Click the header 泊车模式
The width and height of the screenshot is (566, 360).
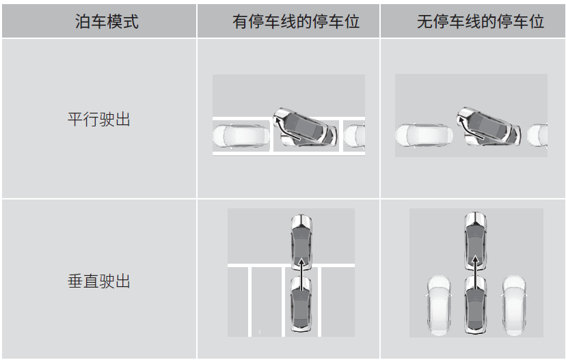point(107,21)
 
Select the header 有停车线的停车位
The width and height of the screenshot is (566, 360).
point(296,21)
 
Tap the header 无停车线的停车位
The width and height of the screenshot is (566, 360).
point(481,21)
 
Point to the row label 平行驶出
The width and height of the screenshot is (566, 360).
point(99,119)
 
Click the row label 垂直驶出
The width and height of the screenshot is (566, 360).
point(99,281)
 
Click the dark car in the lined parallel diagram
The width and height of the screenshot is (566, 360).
point(306,127)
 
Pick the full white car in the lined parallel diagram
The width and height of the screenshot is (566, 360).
point(241,137)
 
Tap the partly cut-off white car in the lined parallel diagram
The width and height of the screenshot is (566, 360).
point(354,136)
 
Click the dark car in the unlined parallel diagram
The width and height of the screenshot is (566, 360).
point(489,126)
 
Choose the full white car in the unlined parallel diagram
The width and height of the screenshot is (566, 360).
point(424,136)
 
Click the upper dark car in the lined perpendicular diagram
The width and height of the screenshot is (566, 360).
point(301,243)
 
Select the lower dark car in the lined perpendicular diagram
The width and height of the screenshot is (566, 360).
point(301,304)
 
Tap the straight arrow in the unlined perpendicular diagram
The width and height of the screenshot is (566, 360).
point(476,273)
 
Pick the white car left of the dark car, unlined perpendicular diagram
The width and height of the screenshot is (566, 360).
point(439,305)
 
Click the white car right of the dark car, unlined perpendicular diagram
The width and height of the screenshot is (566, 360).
point(514,305)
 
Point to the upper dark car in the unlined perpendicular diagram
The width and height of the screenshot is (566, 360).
point(476,241)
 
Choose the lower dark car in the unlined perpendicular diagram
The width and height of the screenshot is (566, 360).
point(476,305)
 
